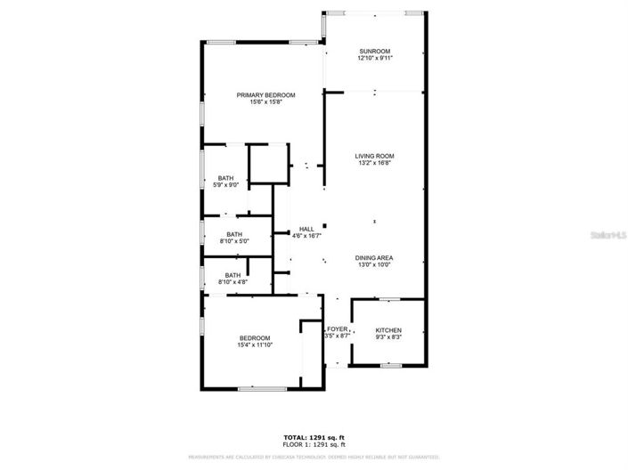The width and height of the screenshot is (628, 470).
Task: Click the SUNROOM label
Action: [375, 51]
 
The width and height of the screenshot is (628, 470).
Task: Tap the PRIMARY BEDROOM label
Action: [265, 95]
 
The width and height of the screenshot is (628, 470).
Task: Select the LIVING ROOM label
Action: [375, 156]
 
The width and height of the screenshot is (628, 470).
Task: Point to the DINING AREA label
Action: [375, 257]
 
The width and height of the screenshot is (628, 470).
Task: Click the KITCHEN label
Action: [387, 330]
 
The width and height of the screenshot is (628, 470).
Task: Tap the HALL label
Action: [306, 229]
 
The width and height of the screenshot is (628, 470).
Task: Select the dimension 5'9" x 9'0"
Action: [226, 185]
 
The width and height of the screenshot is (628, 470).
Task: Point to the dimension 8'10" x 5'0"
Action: [234, 241]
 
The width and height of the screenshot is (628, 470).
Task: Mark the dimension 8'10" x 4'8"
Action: [232, 282]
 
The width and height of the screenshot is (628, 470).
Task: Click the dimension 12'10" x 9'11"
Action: [375, 58]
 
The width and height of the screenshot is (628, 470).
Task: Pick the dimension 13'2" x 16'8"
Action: [375, 163]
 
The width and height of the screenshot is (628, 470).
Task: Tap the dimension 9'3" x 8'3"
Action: [387, 337]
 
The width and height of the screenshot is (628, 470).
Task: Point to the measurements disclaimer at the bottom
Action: [313, 457]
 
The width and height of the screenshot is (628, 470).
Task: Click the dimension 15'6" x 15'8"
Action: [265, 102]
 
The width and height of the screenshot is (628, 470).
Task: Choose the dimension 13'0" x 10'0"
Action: [375, 264]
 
